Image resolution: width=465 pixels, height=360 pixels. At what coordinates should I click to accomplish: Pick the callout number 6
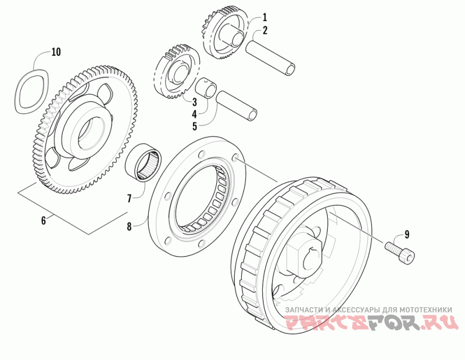coord(43,220)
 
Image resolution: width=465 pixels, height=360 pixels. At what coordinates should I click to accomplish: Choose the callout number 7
coord(130,199)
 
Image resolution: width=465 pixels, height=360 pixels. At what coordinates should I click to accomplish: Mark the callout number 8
coord(130,225)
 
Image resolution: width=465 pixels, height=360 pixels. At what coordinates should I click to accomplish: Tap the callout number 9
coord(407,235)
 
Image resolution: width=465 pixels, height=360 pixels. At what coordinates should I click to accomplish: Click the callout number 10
coord(56,52)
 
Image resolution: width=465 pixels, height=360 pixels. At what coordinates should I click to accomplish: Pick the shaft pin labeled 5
coord(236,106)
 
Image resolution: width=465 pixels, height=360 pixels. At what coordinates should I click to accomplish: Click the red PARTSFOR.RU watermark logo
coord(370,322)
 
